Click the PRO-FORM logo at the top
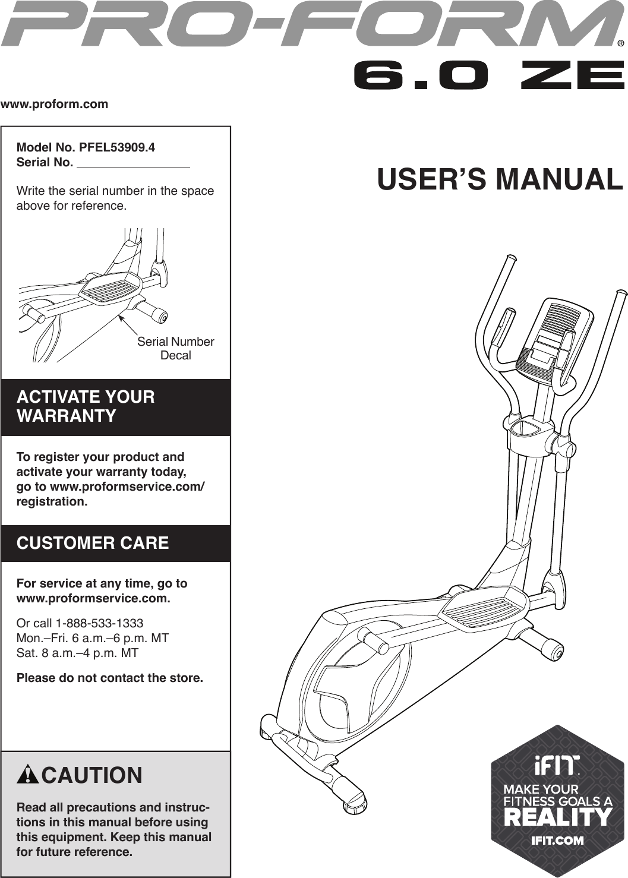(x=309, y=25)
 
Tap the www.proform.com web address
(x=55, y=105)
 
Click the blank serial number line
(x=134, y=164)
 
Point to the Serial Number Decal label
(x=175, y=349)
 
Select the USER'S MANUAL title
(x=500, y=179)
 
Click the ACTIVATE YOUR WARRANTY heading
(x=86, y=406)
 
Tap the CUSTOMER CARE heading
(x=93, y=543)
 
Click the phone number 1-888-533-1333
(x=99, y=623)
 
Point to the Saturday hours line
(x=77, y=653)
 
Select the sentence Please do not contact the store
(x=110, y=678)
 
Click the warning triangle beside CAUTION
(x=28, y=776)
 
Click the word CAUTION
(x=92, y=775)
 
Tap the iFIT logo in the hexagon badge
(x=556, y=766)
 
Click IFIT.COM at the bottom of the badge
(x=557, y=840)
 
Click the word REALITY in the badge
(x=557, y=817)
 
